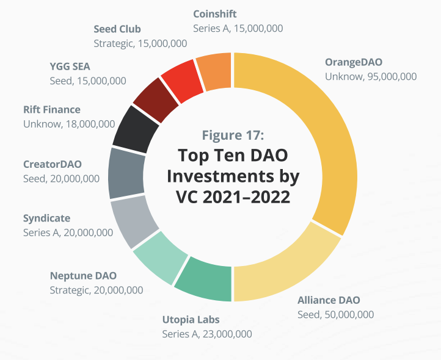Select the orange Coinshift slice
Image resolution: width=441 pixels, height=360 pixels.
(x=214, y=73)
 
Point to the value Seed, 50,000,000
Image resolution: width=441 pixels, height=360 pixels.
(x=335, y=314)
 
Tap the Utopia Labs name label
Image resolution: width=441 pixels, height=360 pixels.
(x=191, y=320)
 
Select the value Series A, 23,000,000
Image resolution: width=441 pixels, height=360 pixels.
(x=206, y=334)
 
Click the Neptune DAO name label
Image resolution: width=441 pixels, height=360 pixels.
(x=83, y=276)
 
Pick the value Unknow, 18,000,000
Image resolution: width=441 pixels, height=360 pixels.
(x=69, y=124)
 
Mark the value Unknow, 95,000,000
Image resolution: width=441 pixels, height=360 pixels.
(x=371, y=77)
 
